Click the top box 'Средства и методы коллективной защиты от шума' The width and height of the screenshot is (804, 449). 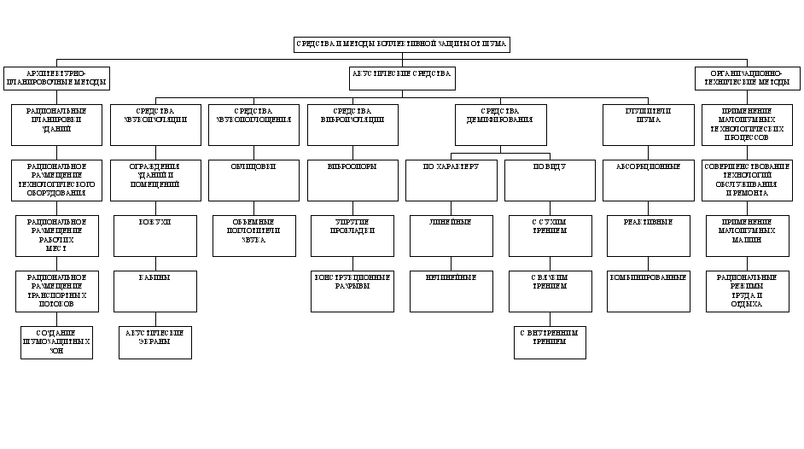point(401,44)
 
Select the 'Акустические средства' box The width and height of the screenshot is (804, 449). point(401,78)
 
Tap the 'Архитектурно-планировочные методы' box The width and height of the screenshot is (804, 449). point(56,78)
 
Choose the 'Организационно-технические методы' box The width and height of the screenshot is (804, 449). point(748,78)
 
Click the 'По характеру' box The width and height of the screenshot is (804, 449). point(451,179)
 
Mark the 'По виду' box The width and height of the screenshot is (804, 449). point(549,179)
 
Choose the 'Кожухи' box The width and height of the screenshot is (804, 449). point(154,235)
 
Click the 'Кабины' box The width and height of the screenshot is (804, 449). point(154,290)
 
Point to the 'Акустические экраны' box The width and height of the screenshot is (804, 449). point(154,341)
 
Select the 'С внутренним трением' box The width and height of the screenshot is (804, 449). point(549,341)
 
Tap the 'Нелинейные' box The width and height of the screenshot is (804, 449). point(451,290)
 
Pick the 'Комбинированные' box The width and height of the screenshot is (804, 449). point(647,290)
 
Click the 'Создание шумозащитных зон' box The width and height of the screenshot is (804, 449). point(56,341)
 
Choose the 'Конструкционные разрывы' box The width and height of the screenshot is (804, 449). point(352,290)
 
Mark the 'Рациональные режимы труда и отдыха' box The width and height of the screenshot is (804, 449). point(748,290)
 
